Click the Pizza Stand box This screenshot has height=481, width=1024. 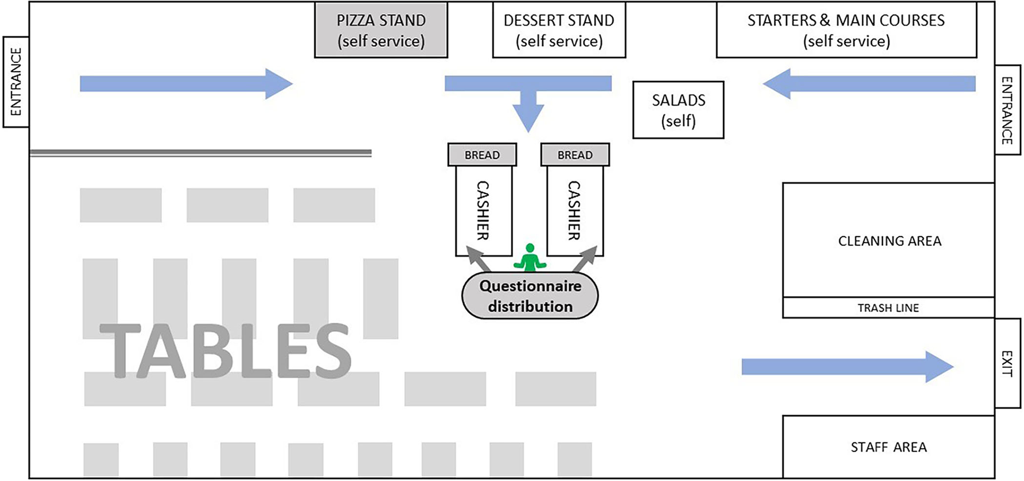pos(381,31)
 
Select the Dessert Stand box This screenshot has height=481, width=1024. pos(559,31)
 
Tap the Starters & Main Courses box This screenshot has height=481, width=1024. pos(846,31)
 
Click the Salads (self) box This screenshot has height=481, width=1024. pos(678,110)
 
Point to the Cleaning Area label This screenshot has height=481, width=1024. pos(889,241)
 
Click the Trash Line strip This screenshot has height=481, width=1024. pos(888,308)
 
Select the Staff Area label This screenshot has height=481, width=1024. pos(888,447)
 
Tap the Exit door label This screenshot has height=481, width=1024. pos(1007,363)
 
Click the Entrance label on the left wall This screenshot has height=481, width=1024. pos(16,82)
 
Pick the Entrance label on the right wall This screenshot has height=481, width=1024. pos(1007,110)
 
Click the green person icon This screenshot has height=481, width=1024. pos(530,258)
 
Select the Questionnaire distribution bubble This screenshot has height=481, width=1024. pos(530,296)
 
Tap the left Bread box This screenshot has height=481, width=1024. pos(482,155)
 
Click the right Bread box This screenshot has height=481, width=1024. pos(574,155)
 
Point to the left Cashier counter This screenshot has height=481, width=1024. pos(483,211)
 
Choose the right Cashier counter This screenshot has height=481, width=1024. pos(574,211)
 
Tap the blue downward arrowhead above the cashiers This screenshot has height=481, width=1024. pos(528,117)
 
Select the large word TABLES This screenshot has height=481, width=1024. pos(225,351)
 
